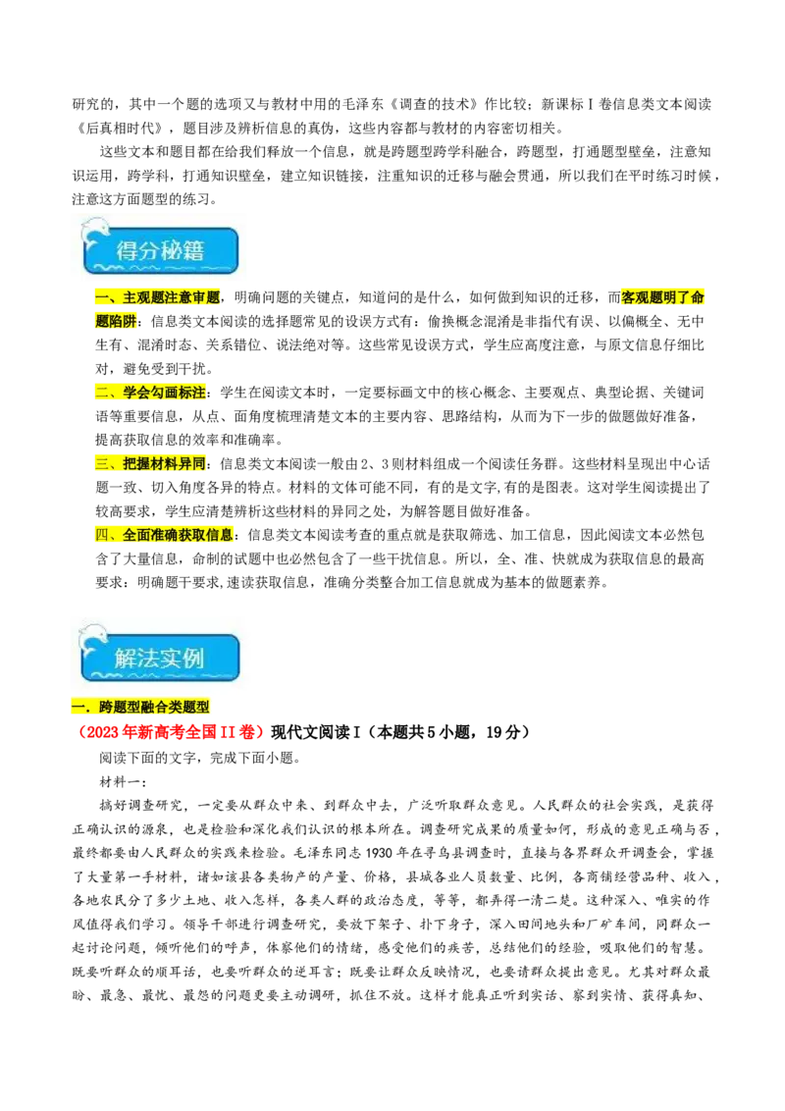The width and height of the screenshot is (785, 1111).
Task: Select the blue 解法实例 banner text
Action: (159, 658)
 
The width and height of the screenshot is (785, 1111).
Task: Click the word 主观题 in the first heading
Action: (144, 297)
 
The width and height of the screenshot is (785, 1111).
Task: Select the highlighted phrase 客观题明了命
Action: (662, 297)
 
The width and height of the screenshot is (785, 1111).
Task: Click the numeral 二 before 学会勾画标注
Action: (102, 393)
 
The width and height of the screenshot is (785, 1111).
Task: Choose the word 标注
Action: (193, 393)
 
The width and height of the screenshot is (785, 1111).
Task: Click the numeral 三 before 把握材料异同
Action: (102, 463)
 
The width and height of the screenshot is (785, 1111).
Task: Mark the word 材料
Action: (165, 463)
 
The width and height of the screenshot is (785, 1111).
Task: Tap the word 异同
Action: (193, 463)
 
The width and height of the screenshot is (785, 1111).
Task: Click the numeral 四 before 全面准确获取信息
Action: (102, 535)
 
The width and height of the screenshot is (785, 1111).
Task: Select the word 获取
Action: (192, 535)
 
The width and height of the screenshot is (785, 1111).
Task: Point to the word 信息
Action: (221, 535)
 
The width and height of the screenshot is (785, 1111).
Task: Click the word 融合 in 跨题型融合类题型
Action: (155, 707)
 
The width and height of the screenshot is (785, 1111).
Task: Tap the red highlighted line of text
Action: (172, 733)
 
